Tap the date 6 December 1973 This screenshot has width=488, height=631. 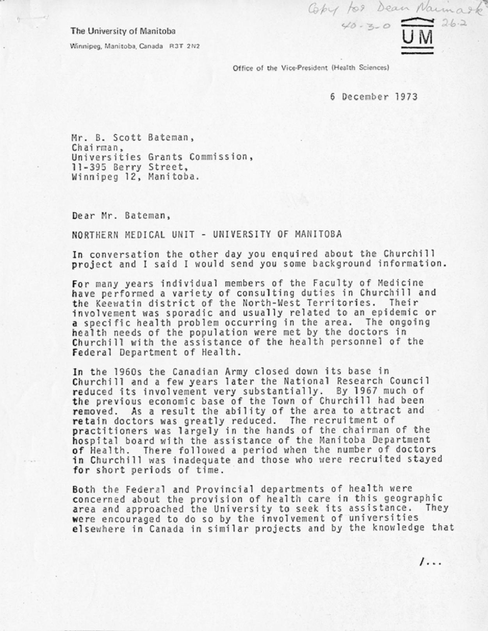374,96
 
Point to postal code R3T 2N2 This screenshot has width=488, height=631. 185,46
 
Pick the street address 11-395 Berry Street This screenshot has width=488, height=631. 128,167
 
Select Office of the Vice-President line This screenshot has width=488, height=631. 311,68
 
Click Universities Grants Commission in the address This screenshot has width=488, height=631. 160,157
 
